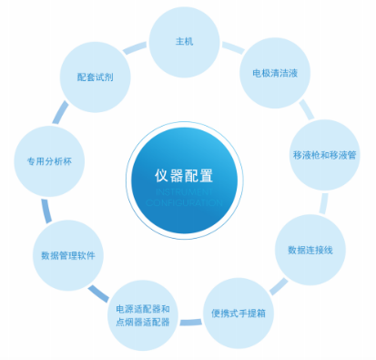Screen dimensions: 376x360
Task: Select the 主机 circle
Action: (x=185, y=42)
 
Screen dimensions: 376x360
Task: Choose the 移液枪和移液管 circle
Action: (x=323, y=155)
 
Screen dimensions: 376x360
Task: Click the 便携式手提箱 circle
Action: (x=238, y=314)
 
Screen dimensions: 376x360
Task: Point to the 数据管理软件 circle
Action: (x=67, y=255)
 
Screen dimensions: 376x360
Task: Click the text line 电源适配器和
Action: (x=143, y=308)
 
